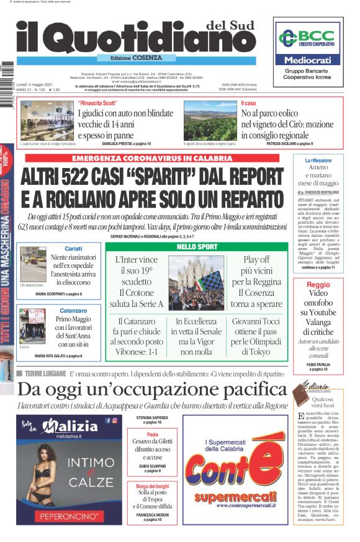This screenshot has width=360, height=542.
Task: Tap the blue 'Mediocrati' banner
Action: [308, 61]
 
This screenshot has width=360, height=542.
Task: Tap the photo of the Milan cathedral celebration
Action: [199, 283]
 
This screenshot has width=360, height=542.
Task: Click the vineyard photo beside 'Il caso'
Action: [210, 120]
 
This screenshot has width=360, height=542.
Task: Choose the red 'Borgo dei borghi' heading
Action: [153, 487]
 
